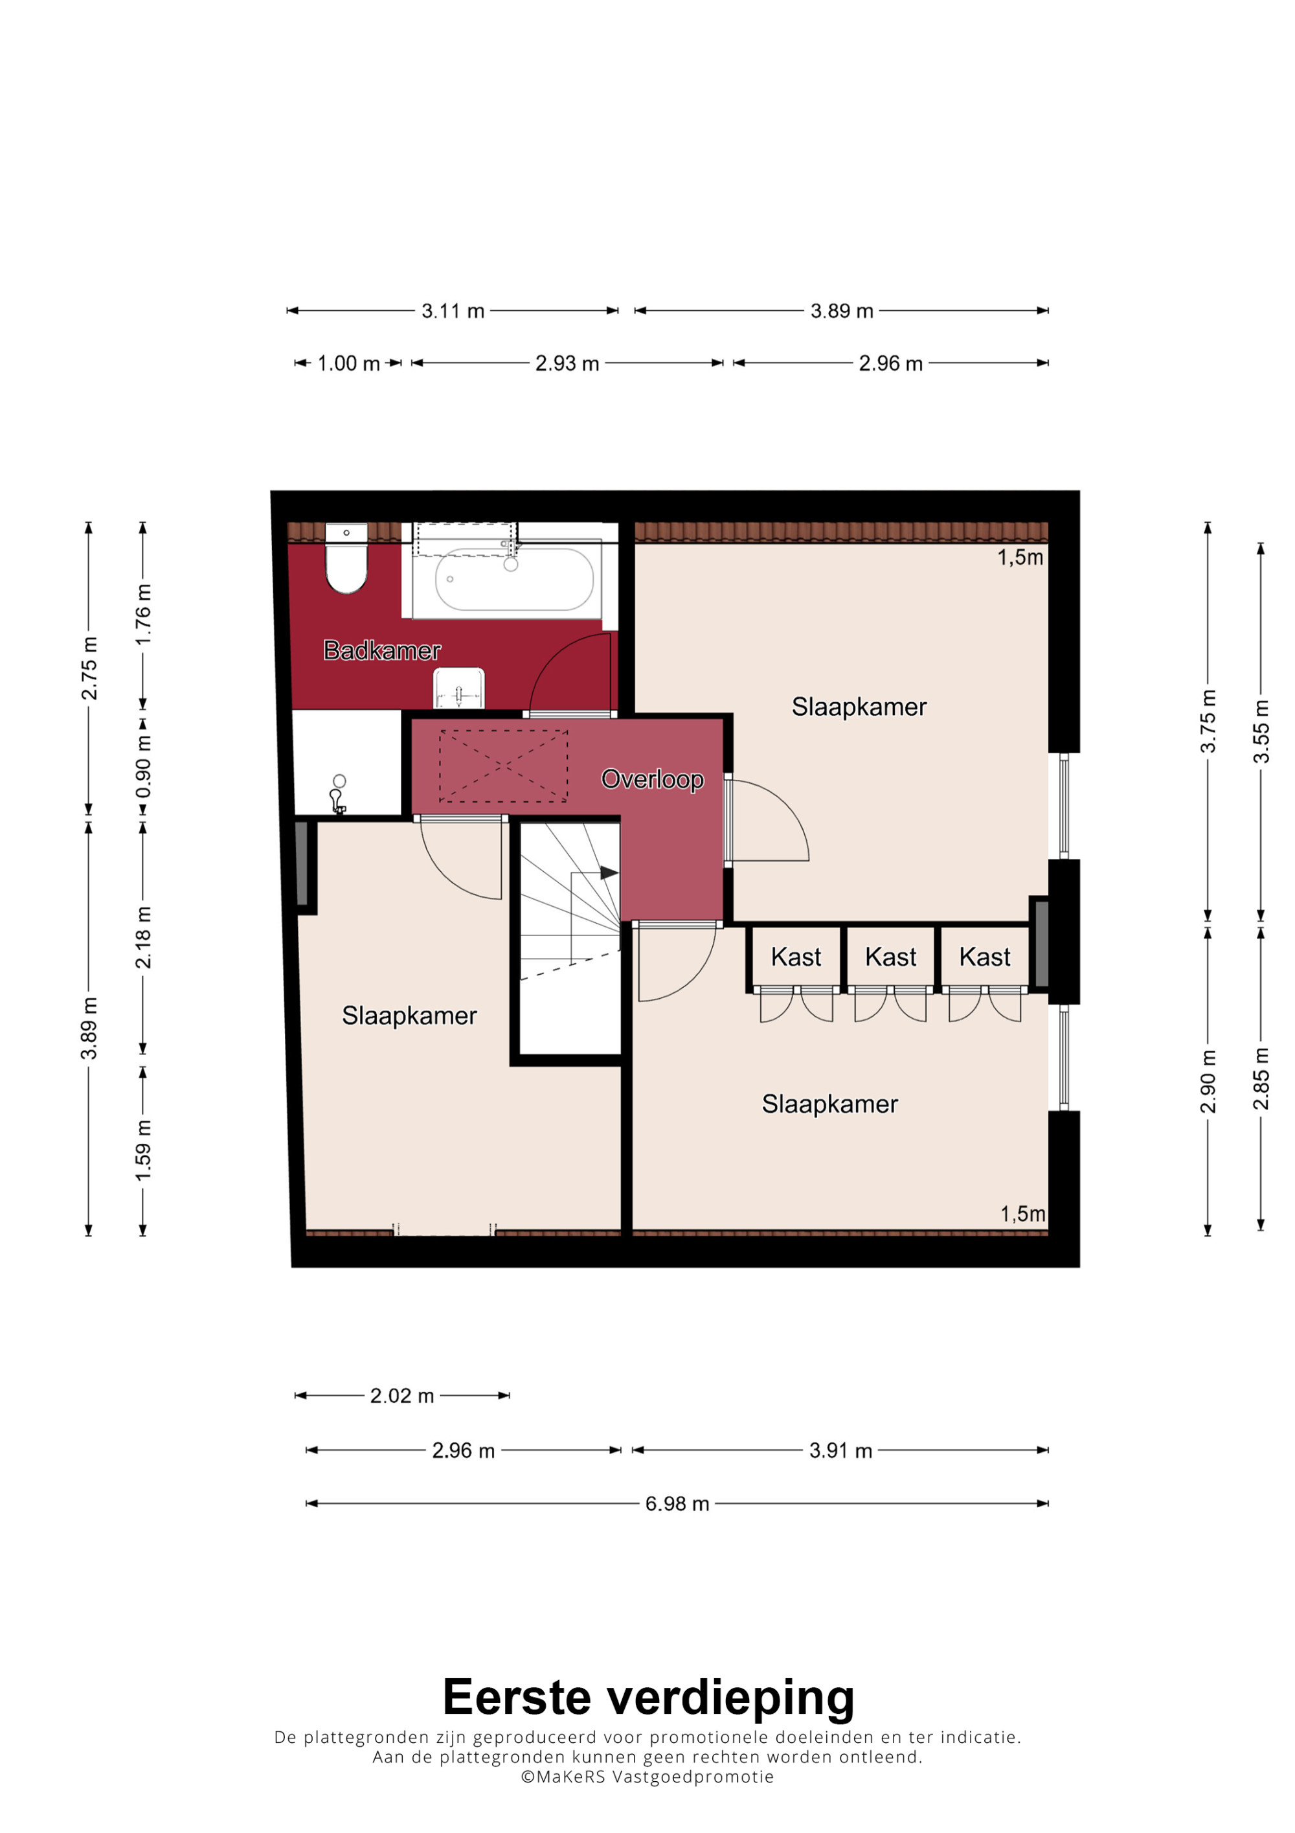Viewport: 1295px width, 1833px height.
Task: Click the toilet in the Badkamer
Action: coord(346,558)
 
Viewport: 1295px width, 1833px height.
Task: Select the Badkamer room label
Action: coord(382,651)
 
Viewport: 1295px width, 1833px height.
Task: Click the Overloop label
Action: coord(653,779)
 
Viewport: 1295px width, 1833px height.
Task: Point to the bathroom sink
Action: coord(459,688)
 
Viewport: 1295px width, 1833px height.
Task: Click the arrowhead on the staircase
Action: coord(609,872)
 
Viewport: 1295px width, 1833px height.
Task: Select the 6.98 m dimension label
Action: coord(677,1504)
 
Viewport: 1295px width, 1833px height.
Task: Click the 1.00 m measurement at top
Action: coord(349,364)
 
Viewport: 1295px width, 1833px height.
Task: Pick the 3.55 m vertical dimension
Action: coord(1261,731)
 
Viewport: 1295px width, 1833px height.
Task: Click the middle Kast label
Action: coord(890,957)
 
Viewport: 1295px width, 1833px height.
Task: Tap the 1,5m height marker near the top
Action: coord(1020,557)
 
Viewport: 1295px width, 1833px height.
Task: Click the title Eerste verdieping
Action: coord(648,1697)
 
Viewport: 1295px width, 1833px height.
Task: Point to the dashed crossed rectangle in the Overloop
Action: coord(504,766)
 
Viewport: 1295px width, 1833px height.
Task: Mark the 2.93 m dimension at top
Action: coord(567,364)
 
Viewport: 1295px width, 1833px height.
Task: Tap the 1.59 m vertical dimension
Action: coord(143,1150)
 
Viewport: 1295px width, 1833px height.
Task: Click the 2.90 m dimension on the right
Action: coord(1208,1082)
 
